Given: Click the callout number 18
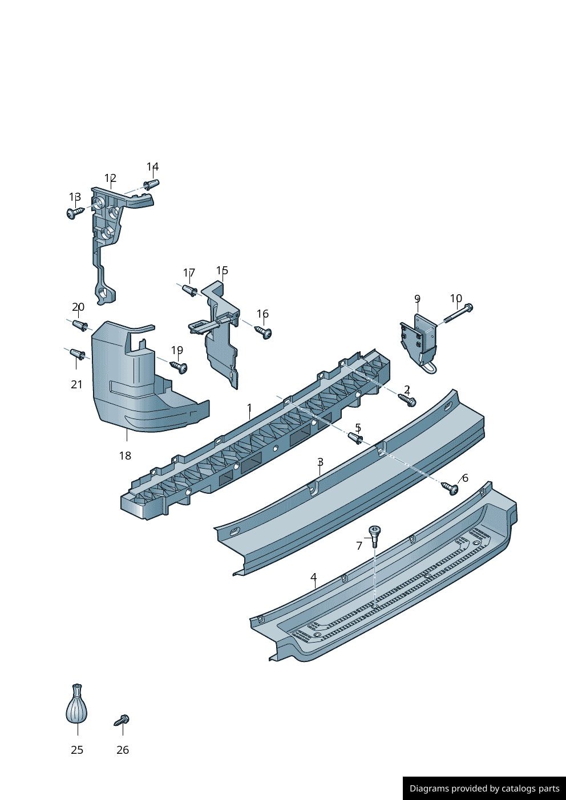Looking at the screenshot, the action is click(125, 456).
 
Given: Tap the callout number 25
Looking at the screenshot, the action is click(77, 750).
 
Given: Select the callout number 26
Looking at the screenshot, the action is click(123, 750).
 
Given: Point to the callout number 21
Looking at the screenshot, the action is click(76, 384).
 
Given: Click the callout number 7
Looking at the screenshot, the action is click(359, 546).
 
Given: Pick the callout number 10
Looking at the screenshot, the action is click(456, 298).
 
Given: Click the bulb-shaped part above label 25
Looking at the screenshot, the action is click(76, 703).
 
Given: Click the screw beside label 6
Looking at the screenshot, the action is click(450, 488).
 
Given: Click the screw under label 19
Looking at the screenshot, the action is click(179, 367).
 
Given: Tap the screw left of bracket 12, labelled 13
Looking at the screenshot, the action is click(75, 213).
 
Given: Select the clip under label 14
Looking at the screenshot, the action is click(151, 184).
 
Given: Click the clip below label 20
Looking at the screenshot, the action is click(80, 326).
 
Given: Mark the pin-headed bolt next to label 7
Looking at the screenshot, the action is click(374, 536).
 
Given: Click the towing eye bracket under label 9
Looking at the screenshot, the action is click(419, 342).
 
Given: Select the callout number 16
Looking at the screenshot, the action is click(262, 314).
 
